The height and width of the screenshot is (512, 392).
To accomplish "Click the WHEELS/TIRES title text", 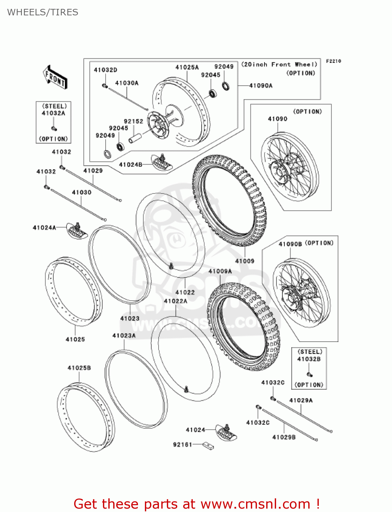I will click(42, 12).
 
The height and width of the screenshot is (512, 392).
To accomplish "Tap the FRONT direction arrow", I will click(55, 77).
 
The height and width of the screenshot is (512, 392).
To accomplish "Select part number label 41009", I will click(245, 261).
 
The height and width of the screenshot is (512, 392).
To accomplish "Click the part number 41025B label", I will click(79, 368).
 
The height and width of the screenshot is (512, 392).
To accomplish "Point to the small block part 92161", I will click(208, 445).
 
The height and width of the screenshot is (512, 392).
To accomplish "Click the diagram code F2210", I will click(333, 61).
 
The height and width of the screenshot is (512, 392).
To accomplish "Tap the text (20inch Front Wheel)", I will click(279, 65).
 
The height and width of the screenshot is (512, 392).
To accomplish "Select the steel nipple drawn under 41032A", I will click(54, 129).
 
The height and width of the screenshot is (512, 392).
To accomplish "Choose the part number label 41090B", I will click(290, 244).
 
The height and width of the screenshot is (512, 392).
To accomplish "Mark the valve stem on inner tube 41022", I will click(171, 266).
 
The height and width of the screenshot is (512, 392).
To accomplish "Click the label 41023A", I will click(124, 336).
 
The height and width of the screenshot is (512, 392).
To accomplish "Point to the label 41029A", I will click(301, 400).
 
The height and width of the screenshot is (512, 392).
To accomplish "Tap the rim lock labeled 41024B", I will click(162, 162).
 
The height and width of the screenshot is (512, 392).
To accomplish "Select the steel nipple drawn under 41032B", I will click(309, 374).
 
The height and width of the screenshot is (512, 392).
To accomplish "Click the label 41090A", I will click(261, 86).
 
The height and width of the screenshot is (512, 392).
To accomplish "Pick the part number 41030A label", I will click(127, 83).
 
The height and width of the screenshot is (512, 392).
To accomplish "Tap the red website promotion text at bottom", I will click(197, 504).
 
